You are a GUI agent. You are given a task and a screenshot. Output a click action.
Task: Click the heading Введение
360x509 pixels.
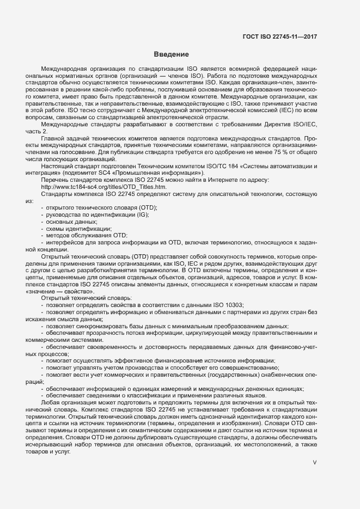(x=171, y=54)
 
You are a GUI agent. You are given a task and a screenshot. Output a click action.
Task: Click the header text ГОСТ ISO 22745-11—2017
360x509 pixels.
(x=279, y=37)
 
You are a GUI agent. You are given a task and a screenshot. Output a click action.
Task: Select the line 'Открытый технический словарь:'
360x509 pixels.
(x=86, y=298)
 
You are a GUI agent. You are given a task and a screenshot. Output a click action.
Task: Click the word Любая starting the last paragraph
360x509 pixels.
(x=51, y=402)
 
